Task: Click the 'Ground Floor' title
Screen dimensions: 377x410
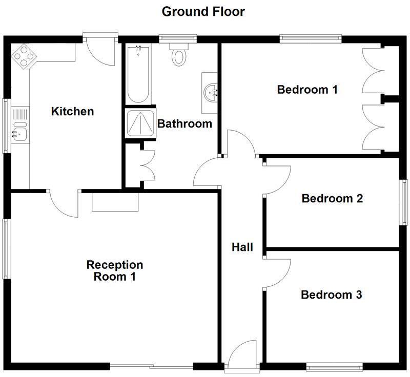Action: tap(203, 11)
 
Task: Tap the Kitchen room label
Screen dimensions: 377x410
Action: tap(73, 111)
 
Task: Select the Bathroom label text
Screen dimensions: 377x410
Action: tap(184, 123)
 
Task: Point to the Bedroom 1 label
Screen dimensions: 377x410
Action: tap(307, 90)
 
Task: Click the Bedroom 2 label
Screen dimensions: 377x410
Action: tap(332, 198)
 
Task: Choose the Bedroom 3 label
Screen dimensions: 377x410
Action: tap(332, 295)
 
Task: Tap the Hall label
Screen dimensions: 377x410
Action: tap(242, 247)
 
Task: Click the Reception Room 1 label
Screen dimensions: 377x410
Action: tap(114, 271)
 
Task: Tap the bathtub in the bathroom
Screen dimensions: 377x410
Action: tap(138, 74)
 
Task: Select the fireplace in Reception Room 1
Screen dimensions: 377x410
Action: tap(115, 202)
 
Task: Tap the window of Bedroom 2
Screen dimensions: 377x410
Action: tap(404, 202)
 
